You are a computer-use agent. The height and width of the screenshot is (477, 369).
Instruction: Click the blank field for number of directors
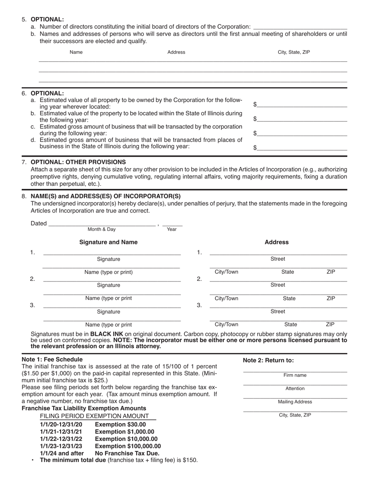pyautogui.click(x=300, y=27)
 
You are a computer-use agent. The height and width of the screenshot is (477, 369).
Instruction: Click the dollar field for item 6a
pyautogui.click(x=302, y=105)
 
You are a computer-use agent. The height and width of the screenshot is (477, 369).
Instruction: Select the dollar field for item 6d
pyautogui.click(x=302, y=148)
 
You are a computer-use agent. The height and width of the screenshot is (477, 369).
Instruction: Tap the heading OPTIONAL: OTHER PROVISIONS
pyautogui.click(x=78, y=162)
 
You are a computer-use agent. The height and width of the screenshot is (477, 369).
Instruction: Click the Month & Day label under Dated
pyautogui.click(x=102, y=229)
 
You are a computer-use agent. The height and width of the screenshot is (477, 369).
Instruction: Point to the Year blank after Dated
pyautogui.click(x=172, y=224)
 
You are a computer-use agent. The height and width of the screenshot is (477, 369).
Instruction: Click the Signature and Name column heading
pyautogui.click(x=108, y=242)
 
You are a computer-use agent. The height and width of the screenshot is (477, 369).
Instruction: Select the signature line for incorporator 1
pyautogui.click(x=112, y=252)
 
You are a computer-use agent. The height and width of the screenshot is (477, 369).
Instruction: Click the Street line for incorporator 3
pyautogui.click(x=278, y=306)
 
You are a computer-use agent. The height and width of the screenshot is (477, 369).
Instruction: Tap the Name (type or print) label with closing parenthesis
pyautogui.click(x=108, y=272)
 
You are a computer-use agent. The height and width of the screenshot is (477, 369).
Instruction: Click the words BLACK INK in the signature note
pyautogui.click(x=106, y=334)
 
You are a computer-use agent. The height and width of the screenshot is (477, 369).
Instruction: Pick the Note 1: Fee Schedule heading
pyautogui.click(x=52, y=359)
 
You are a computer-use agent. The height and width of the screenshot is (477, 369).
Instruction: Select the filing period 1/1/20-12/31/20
pyautogui.click(x=61, y=425)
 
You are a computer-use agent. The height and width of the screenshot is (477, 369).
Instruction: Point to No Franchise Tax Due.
pyautogui.click(x=127, y=453)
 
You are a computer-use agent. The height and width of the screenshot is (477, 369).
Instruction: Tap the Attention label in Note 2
pyautogui.click(x=295, y=389)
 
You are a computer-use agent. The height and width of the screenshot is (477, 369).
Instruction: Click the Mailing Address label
pyautogui.click(x=295, y=402)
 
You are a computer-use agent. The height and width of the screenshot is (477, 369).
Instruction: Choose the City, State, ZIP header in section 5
pyautogui.click(x=294, y=52)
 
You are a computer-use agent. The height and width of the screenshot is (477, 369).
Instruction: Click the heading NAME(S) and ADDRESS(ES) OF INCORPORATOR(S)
pyautogui.click(x=106, y=196)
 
